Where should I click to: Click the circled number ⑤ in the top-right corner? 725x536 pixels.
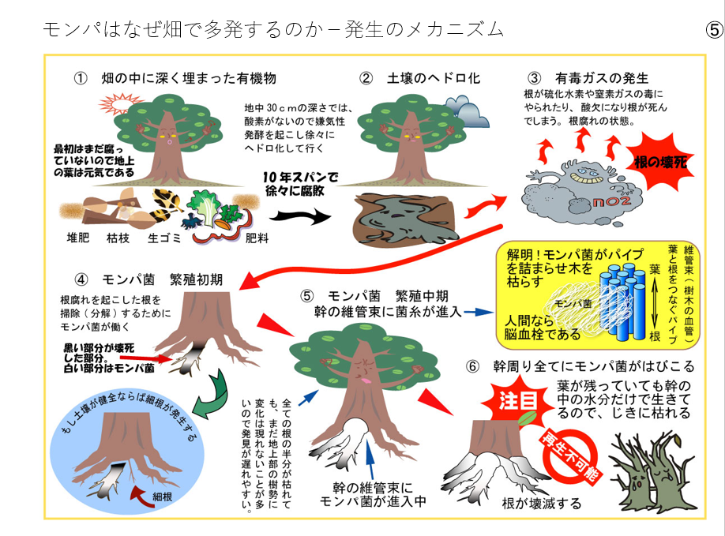712,31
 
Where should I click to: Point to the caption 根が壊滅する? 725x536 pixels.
541,503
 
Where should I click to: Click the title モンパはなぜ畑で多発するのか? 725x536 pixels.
182,30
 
